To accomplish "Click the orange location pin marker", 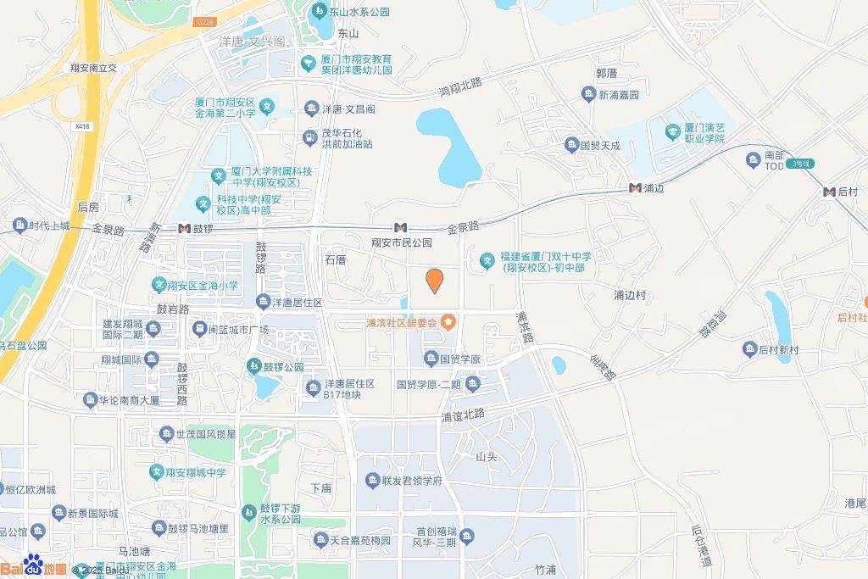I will point(434,281).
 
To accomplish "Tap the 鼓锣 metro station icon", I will point(184,228).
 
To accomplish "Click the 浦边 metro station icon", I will point(635,187).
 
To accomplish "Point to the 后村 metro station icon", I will point(829,192).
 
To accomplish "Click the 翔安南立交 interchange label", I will point(93,67).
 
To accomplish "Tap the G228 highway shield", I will point(203,22).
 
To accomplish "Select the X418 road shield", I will point(81,126).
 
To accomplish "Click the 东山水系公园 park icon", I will point(319,12).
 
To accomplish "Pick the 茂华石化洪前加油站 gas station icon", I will point(310,137).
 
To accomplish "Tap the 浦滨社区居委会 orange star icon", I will point(448,322).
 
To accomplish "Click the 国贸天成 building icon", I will point(571,145).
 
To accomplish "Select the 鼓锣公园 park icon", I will point(253,366).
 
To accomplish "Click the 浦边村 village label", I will point(630,295).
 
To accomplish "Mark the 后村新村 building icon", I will point(749,349).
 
